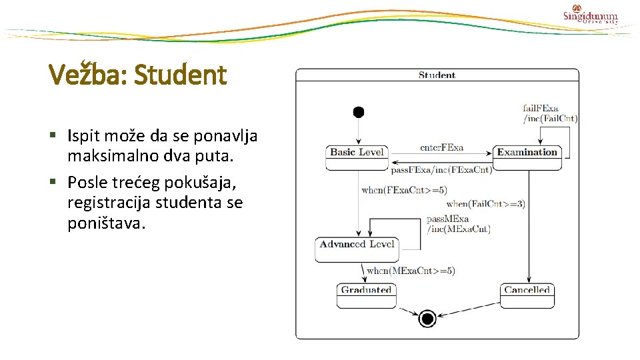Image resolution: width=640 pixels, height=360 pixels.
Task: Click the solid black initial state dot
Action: click(359, 112)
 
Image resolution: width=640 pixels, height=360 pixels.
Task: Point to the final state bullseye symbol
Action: click(427, 319)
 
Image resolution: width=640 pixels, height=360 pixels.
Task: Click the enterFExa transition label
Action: click(441, 147)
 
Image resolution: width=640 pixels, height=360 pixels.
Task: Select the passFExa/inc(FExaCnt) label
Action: click(441, 169)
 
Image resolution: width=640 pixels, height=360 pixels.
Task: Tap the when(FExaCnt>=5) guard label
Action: click(404, 190)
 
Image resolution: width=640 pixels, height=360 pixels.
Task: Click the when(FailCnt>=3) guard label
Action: click(485, 203)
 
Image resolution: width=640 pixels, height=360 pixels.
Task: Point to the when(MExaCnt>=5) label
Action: click(411, 271)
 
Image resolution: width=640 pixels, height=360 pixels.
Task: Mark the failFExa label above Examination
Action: click(541, 108)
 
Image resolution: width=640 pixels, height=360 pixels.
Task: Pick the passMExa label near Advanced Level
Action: click(447, 219)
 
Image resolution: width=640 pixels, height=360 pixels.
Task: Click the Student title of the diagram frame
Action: click(437, 75)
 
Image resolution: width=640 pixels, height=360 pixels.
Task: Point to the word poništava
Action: click(105, 223)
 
